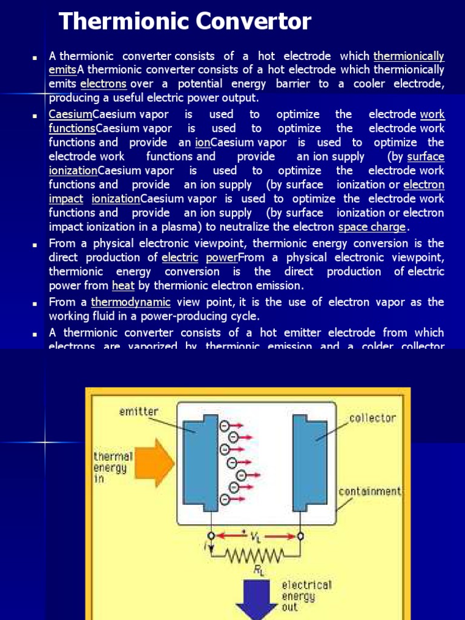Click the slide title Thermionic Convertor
click(185, 22)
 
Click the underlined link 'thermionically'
click(409, 56)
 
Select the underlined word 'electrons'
click(103, 84)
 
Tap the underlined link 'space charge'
click(372, 227)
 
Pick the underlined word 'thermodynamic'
click(131, 302)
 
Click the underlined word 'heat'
click(119, 286)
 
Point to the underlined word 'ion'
click(202, 142)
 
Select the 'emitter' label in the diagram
click(139, 412)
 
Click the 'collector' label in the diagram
click(372, 418)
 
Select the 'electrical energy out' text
click(306, 596)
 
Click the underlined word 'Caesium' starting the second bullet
click(70, 114)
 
